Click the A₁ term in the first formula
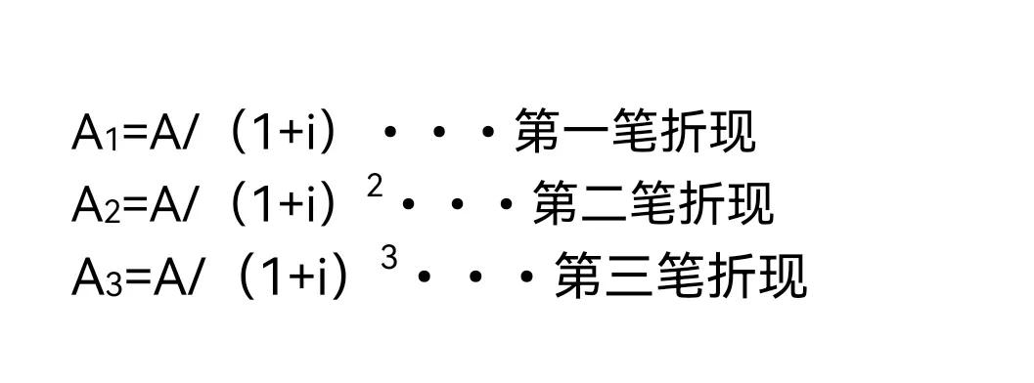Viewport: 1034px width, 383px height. (x=96, y=133)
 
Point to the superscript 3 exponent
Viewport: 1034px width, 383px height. (x=389, y=260)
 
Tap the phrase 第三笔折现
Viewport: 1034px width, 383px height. (x=681, y=277)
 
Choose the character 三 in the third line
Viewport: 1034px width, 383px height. (x=630, y=277)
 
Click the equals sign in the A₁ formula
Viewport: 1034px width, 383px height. (x=134, y=134)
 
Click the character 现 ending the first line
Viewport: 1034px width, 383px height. (x=734, y=133)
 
